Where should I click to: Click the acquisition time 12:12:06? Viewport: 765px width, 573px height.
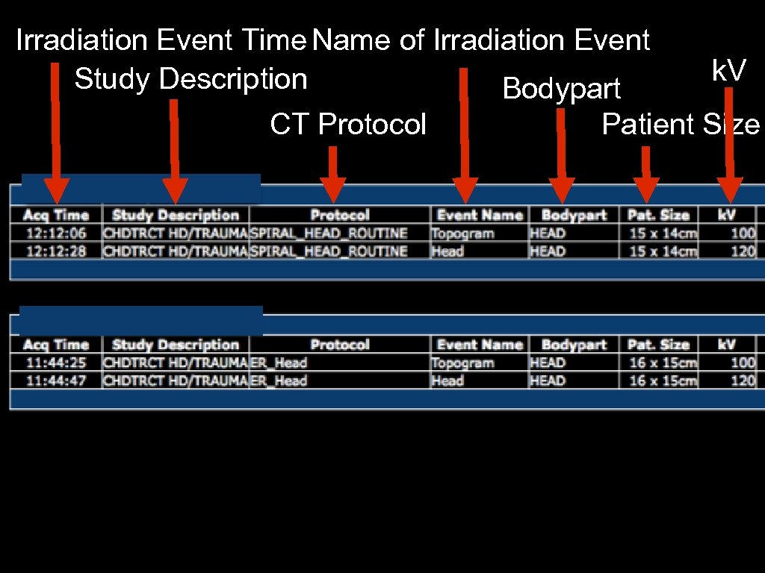point(56,234)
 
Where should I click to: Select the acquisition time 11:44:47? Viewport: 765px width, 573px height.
point(56,381)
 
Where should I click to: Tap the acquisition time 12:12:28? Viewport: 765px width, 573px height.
point(56,251)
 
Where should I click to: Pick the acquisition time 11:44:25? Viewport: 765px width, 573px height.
point(56,363)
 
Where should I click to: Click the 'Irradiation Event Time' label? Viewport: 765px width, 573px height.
point(161,40)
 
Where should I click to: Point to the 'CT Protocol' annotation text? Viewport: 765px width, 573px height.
point(347,125)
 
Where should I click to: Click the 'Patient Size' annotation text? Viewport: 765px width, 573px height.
point(680,125)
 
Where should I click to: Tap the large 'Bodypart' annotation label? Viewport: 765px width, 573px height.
point(562,89)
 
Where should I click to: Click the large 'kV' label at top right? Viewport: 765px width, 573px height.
point(728,71)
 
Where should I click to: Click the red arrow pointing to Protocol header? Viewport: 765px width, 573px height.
point(332,175)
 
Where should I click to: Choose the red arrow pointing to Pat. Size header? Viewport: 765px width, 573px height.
point(645,175)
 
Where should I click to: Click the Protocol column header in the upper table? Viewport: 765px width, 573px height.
point(340,215)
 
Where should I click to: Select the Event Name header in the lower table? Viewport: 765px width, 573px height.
point(480,345)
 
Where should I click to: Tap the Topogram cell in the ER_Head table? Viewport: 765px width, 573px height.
point(462,363)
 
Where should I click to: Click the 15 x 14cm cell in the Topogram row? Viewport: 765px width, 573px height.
point(663,234)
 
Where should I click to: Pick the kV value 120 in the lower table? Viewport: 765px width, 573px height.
point(743,381)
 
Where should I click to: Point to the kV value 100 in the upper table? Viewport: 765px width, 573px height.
point(743,234)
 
